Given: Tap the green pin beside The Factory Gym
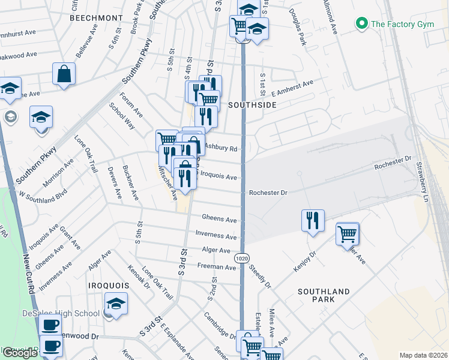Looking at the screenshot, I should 361,24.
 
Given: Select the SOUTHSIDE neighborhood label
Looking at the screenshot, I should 252,104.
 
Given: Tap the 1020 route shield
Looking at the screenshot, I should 242,258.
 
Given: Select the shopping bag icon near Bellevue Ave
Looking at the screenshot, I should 64,74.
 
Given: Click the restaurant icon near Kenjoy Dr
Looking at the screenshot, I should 312,221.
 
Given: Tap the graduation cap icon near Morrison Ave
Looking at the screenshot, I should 41,117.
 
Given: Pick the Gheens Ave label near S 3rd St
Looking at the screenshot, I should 219,220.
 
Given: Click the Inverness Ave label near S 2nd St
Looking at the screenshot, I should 216,236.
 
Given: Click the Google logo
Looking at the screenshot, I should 19,353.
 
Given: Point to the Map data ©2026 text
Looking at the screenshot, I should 423,355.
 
